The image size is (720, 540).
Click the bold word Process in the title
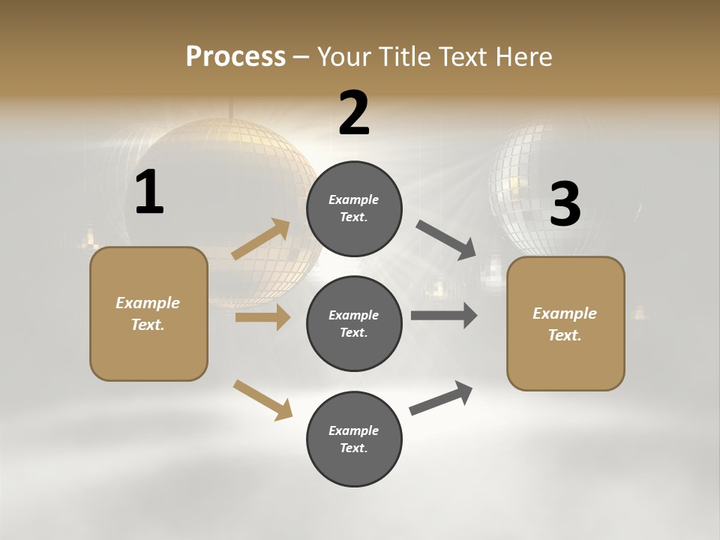click(235, 57)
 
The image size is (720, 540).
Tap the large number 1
click(149, 193)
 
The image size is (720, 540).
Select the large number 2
click(354, 113)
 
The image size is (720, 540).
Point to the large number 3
click(565, 205)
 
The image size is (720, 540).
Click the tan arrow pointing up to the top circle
click(261, 239)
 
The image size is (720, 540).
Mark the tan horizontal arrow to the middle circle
click(262, 318)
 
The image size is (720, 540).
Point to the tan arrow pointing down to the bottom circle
click(262, 400)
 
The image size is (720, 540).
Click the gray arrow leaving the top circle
click(446, 240)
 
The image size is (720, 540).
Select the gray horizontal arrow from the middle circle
click(443, 316)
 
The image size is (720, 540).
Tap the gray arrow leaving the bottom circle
click(441, 398)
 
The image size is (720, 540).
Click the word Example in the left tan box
click(148, 303)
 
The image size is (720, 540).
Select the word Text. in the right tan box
click(565, 335)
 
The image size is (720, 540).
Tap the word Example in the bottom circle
click(354, 430)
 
